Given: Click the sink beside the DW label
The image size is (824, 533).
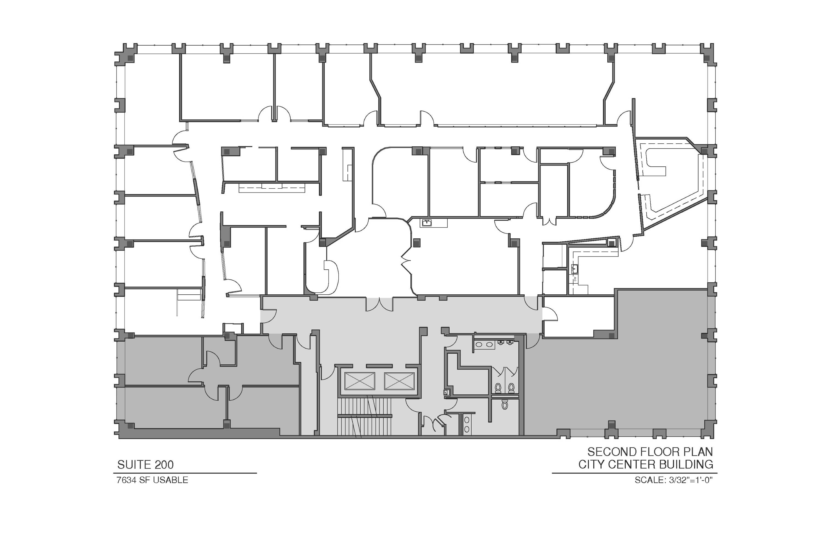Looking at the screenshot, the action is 575,268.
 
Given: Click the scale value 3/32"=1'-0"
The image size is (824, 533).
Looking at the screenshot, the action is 690,480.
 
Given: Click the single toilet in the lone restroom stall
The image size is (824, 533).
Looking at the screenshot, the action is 505,404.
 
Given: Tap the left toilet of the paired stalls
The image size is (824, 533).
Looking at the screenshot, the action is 498,388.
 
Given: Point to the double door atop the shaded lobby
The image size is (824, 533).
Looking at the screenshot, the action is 380,304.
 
